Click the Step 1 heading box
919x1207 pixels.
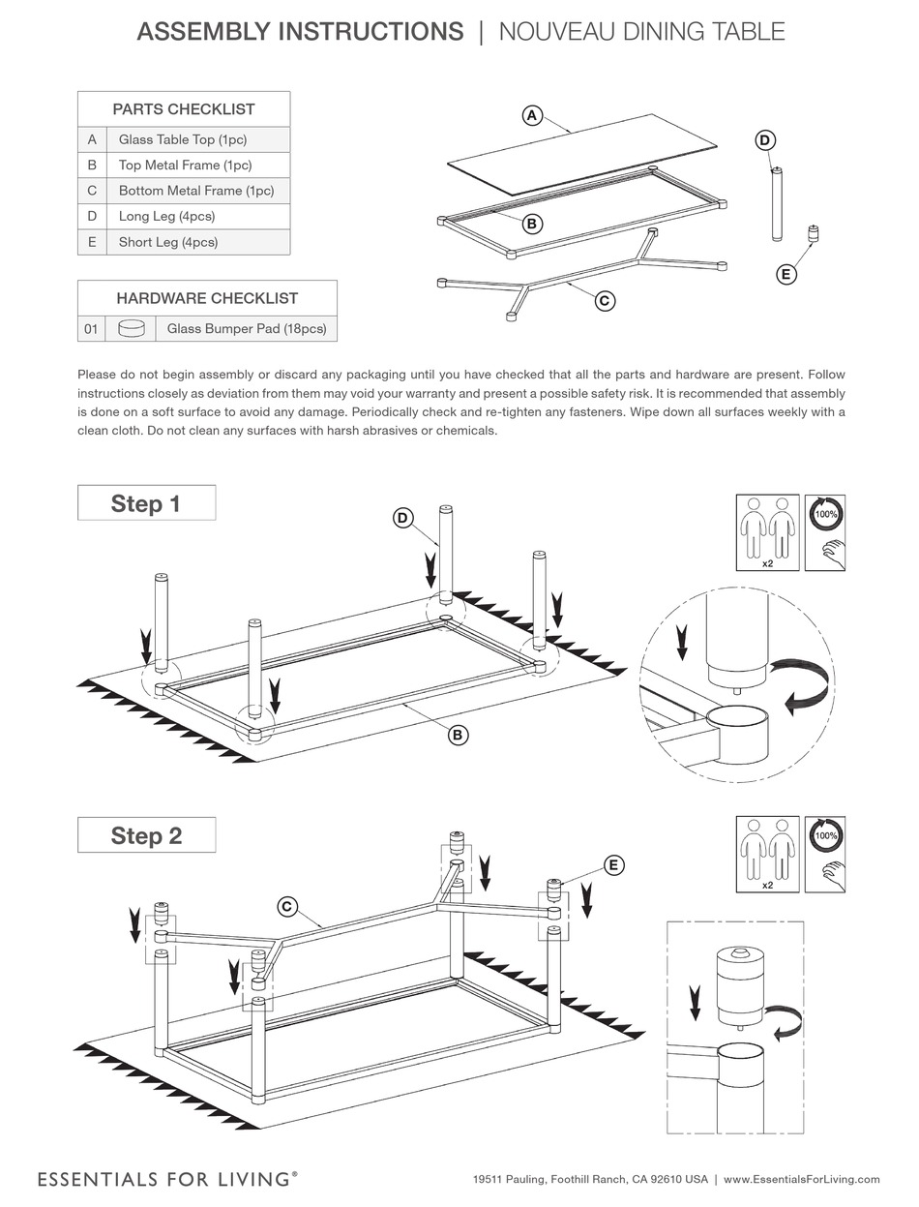click(146, 503)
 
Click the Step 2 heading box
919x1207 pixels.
click(146, 835)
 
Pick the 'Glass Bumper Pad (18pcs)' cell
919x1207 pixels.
click(246, 329)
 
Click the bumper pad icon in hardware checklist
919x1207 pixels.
click(131, 329)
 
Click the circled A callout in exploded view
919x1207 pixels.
click(531, 115)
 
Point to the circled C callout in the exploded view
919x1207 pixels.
click(604, 300)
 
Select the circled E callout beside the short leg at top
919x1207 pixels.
click(786, 275)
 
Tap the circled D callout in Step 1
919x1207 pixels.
click(402, 518)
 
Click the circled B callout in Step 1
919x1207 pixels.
click(458, 735)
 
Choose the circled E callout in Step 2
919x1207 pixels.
click(613, 864)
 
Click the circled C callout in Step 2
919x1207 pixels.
click(286, 906)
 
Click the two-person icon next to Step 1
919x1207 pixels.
click(767, 531)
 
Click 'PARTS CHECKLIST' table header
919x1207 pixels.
click(184, 109)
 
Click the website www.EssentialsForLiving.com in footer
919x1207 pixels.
click(801, 1179)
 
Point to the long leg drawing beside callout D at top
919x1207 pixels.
click(775, 205)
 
